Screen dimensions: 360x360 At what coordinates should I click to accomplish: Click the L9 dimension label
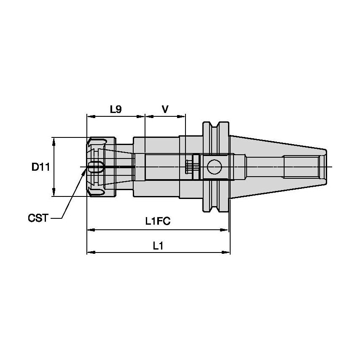116,110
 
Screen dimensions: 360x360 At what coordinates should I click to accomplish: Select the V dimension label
165,110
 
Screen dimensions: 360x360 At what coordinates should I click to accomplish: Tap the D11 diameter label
41,167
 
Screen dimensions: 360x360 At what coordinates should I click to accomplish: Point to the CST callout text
38,218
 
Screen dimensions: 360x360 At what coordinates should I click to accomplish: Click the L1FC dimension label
157,220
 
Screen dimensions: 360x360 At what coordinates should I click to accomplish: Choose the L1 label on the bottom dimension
158,246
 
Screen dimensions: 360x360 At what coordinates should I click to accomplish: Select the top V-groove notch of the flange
217,126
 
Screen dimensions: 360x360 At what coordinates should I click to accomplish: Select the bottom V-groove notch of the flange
217,209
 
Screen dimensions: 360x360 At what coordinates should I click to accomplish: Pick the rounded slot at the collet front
96,167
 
